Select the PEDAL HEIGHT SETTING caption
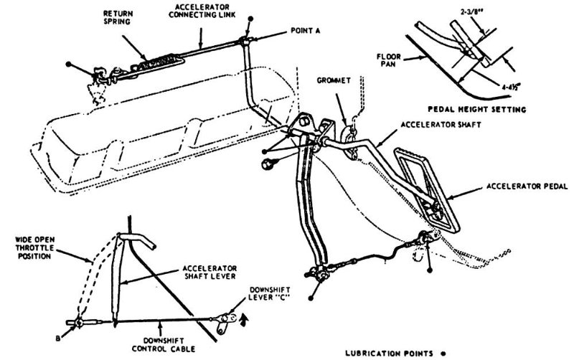point(486,110)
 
